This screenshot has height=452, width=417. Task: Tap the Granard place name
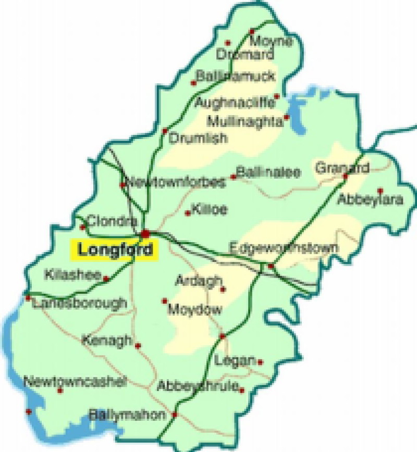342,168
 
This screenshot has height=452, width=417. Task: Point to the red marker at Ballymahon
175,415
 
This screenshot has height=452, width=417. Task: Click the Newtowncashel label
75,382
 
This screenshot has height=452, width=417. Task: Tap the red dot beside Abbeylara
380,191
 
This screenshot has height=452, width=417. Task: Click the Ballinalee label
268,172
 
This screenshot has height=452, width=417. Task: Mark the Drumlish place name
199,139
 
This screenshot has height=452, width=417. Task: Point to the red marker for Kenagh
138,345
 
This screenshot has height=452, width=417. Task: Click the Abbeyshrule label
198,386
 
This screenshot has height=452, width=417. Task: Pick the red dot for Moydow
165,300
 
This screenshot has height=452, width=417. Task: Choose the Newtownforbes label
176,182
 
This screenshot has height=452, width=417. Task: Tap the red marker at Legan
260,362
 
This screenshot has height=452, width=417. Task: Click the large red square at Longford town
145,233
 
